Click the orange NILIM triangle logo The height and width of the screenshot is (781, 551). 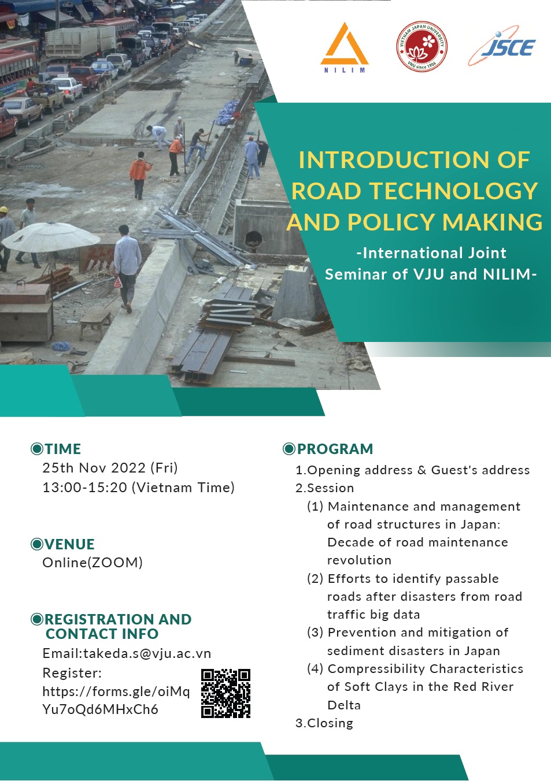(345, 46)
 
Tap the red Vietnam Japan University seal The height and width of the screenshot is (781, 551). (421, 47)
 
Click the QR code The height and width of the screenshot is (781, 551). (225, 693)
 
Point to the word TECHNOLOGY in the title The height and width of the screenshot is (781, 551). (454, 191)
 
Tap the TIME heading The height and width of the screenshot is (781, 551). (62, 449)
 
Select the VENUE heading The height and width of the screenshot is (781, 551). (69, 544)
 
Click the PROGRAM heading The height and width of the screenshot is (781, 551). (335, 449)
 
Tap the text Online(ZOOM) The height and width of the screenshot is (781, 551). (93, 563)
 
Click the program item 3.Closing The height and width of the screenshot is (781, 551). (324, 723)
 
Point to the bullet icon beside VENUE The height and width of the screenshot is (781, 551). (37, 544)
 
